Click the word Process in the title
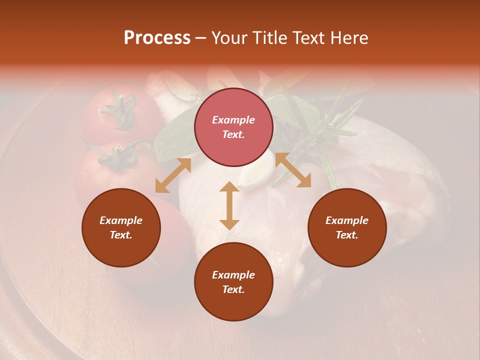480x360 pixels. pos(157,38)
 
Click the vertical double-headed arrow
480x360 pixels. pos(229,205)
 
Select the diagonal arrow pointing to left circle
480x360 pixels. pos(173,175)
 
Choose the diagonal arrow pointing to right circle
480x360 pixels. pos(293,170)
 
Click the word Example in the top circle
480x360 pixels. pos(233,120)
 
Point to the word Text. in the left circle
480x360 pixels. pos(121,235)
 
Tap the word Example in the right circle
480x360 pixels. pos(347,220)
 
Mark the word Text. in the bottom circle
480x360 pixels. pos(233,289)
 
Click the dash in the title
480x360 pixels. pos(201,38)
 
